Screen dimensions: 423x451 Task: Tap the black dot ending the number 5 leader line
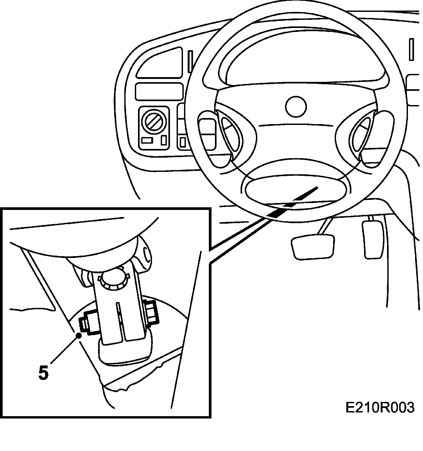click(79, 335)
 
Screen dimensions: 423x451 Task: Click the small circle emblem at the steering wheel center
click(296, 106)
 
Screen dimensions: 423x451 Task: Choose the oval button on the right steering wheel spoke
click(361, 134)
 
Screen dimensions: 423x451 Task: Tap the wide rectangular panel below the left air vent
click(159, 91)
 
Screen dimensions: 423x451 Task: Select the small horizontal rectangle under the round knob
click(147, 140)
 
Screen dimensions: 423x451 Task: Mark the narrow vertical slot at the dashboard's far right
click(411, 49)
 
